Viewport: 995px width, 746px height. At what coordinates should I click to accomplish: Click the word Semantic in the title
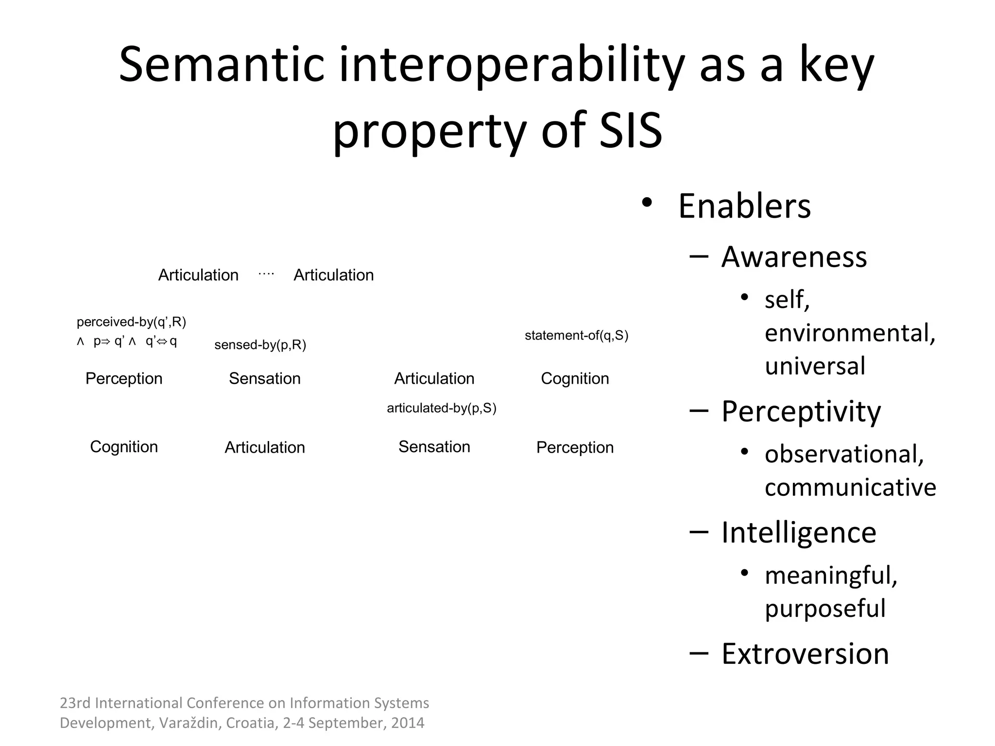[222, 65]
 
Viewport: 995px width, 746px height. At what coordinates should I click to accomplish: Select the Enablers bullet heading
[744, 206]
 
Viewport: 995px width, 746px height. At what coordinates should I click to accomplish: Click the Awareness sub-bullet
[794, 257]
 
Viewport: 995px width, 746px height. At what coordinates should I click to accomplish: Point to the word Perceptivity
[801, 412]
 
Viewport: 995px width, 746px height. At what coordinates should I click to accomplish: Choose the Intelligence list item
[799, 533]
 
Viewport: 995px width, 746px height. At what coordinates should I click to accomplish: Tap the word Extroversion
[805, 654]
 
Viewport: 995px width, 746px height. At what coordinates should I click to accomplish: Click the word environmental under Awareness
[850, 333]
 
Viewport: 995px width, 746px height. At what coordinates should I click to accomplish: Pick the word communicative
[850, 487]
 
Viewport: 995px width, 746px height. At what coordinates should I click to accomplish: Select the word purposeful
[825, 609]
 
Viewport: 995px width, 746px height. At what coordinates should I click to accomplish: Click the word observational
[844, 454]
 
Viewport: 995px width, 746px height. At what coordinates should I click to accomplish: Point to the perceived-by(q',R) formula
[131, 322]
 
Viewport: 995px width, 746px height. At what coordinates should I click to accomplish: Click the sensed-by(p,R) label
[260, 345]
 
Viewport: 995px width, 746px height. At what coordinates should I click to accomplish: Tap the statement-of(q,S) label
[576, 336]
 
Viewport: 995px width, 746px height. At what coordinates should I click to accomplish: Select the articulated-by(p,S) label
[441, 408]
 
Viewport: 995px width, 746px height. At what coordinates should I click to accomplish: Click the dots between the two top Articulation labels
[266, 274]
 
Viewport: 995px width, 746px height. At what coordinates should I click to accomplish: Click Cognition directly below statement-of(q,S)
[575, 378]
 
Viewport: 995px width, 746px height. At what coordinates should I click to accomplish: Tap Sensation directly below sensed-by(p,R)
[265, 378]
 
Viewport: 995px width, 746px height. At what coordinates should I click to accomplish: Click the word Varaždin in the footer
[190, 723]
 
